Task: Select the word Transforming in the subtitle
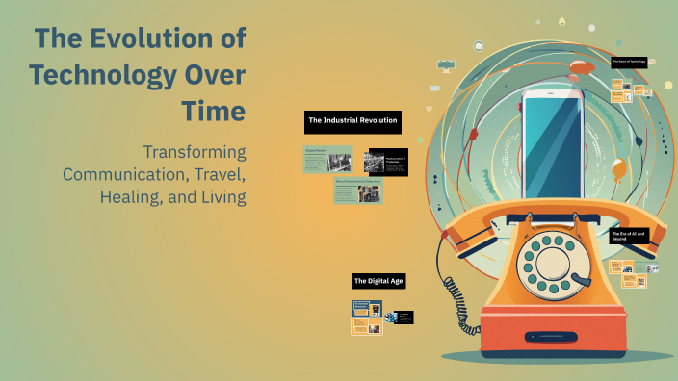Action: tap(194, 152)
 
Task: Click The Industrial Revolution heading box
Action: tap(352, 121)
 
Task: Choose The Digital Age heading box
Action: tap(378, 281)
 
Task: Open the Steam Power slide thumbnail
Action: tap(327, 159)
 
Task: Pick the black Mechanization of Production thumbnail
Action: tap(386, 163)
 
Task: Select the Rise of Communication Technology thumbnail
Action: tap(357, 190)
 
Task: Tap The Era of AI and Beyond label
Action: tap(628, 235)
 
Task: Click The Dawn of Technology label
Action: tap(628, 62)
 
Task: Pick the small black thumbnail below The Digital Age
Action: tap(403, 317)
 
